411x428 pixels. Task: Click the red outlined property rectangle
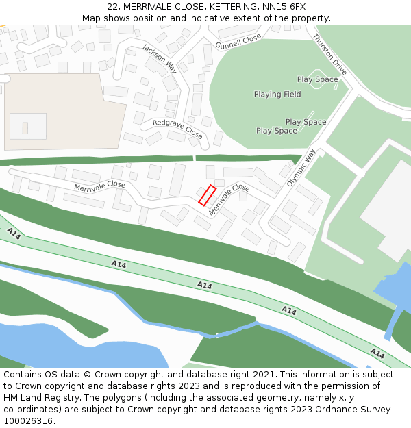[x=208, y=195]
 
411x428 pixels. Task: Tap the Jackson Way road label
[x=159, y=58]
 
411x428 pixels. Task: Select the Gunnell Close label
[x=238, y=42]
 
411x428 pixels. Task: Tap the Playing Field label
[x=277, y=95]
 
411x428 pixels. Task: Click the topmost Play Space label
[x=317, y=79]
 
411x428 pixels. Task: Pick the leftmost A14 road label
[x=14, y=234]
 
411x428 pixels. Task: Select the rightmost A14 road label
[x=377, y=353]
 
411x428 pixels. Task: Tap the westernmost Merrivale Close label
[x=99, y=186]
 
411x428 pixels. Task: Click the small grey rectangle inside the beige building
[x=25, y=128]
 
